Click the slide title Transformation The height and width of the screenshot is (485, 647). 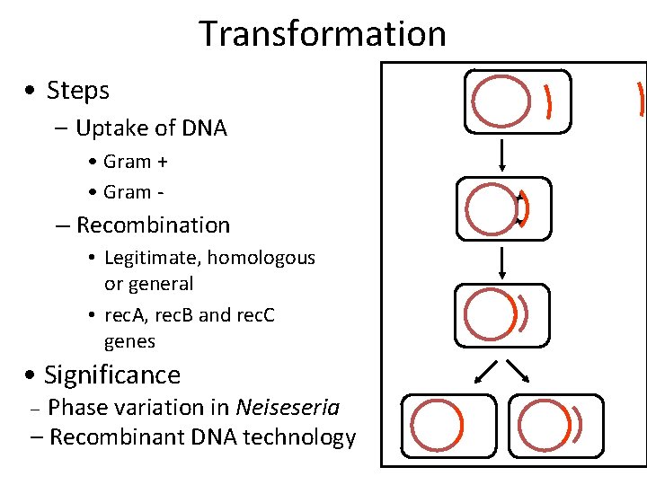point(323,34)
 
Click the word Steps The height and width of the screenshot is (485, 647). point(77,91)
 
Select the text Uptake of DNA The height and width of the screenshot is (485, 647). point(151,128)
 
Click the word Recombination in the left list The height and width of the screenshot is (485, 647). point(153,225)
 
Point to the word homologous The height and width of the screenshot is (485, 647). point(261,258)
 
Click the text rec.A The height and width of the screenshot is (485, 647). point(127,316)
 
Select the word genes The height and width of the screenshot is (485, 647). point(129,342)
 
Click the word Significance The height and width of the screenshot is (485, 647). point(111,375)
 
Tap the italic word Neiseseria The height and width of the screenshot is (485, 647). point(288,408)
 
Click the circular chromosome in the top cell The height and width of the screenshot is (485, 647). point(501,101)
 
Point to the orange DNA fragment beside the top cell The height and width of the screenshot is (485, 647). point(548,101)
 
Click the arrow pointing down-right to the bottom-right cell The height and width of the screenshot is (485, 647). point(518,369)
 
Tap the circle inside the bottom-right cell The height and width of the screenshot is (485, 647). point(543,425)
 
